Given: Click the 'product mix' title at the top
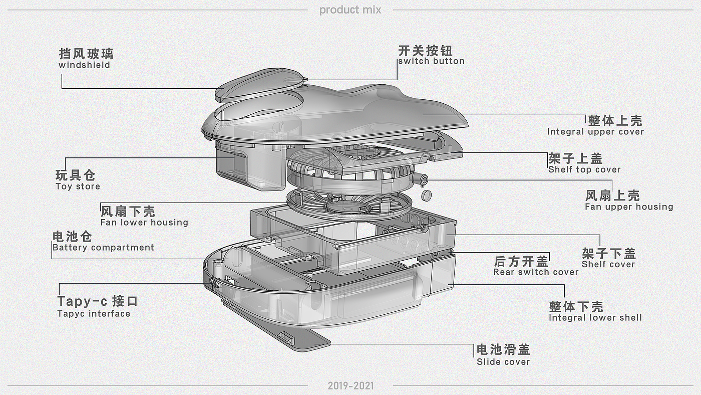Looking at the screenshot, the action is tap(350, 10).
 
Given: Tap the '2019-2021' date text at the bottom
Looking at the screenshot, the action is tap(351, 385).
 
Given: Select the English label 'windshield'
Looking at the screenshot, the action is tap(84, 65).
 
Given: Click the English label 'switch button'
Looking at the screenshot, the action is tap(432, 61).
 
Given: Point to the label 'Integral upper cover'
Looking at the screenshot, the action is tap(595, 132).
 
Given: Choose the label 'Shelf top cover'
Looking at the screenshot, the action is tap(584, 170).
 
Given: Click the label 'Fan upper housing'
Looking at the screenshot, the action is tap(629, 207).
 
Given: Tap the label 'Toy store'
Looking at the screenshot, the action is tap(78, 186).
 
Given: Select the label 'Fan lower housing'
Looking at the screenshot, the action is tap(144, 223).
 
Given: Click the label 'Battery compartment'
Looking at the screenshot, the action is tap(103, 248).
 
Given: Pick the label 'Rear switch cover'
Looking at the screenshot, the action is tap(536, 272).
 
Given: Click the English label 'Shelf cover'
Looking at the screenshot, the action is tap(608, 264).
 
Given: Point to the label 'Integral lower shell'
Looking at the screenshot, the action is tap(595, 318).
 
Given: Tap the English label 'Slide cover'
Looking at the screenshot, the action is tap(503, 362).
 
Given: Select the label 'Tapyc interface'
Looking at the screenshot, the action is tap(94, 314).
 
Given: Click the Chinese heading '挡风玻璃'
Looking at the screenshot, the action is tap(86, 54).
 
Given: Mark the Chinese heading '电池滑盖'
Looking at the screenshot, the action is tap(503, 349).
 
